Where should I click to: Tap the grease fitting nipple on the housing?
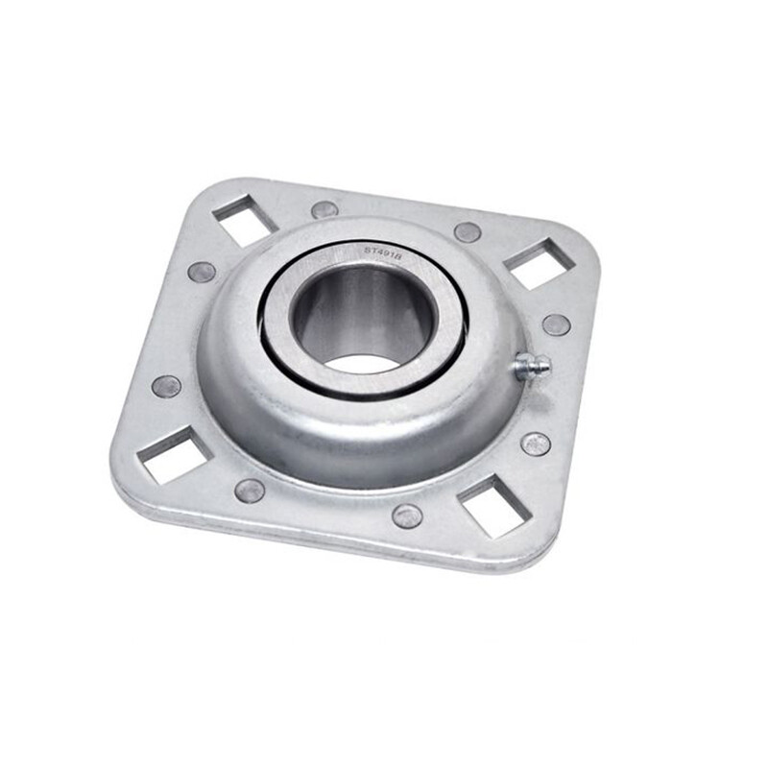click(x=532, y=366)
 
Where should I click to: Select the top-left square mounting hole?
click(x=243, y=219)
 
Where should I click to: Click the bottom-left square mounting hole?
click(x=174, y=454)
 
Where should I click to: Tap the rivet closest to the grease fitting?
click(x=556, y=324)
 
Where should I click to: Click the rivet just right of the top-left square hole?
click(x=324, y=209)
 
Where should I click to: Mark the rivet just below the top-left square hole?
click(x=202, y=272)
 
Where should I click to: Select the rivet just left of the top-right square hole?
click(x=468, y=232)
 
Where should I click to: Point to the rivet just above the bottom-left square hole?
click(x=166, y=386)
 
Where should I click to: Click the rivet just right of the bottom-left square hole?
click(x=250, y=491)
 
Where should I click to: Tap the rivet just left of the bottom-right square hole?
click(x=407, y=516)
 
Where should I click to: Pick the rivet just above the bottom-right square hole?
click(x=536, y=444)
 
